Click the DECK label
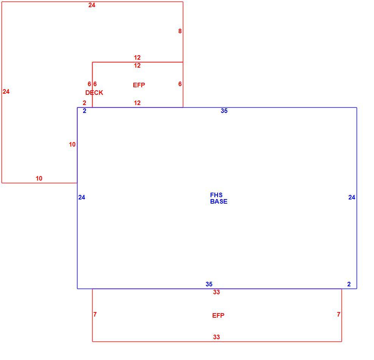[94, 93]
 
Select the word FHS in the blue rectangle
[216, 195]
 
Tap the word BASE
[219, 201]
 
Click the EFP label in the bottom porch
[218, 315]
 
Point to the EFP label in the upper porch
[139, 85]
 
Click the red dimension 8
[180, 31]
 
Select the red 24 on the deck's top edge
[92, 5]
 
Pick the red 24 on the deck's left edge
[6, 91]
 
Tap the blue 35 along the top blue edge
[224, 111]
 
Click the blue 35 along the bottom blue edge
[209, 284]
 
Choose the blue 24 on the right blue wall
[352, 197]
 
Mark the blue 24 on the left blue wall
[82, 197]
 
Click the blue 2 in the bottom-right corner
[349, 284]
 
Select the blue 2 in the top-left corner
[85, 111]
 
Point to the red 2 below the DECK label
[85, 103]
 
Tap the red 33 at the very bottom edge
[216, 337]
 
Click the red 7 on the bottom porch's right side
[338, 314]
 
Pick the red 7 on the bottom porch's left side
[95, 314]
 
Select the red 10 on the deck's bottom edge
[39, 178]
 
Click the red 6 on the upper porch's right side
[180, 84]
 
